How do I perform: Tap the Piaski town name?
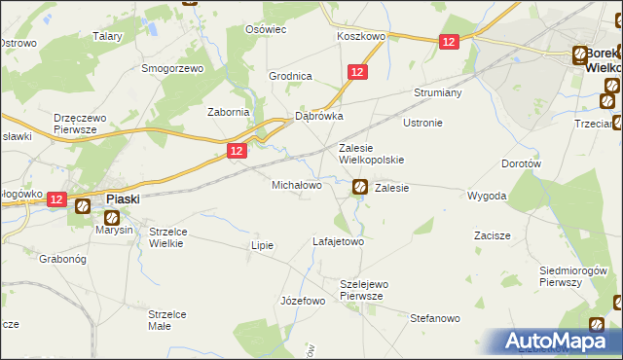click(x=123, y=198)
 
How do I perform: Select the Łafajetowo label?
click(x=338, y=240)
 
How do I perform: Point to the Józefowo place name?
click(x=302, y=301)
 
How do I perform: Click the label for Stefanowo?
click(x=434, y=318)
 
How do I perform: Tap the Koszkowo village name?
click(x=361, y=35)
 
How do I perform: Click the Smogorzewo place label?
click(x=171, y=69)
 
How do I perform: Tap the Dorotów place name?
click(x=521, y=164)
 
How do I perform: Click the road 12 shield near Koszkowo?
click(x=448, y=42)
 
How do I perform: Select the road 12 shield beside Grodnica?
click(x=357, y=72)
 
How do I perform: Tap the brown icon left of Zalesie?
click(x=359, y=187)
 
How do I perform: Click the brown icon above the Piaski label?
click(x=84, y=204)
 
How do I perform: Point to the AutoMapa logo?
click(x=559, y=341)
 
